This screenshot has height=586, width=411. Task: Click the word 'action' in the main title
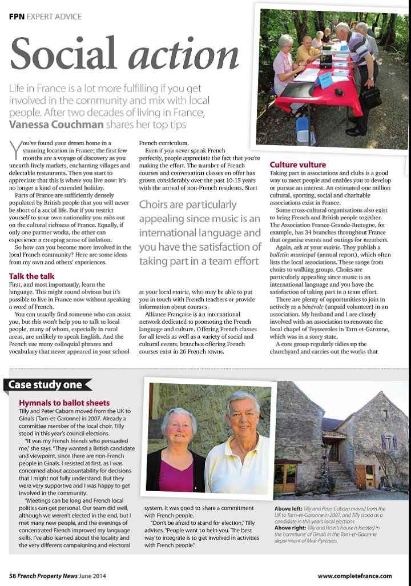pos(184,55)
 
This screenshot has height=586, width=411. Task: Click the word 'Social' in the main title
pos(65,54)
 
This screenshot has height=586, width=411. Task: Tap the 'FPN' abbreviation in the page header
pos(16,17)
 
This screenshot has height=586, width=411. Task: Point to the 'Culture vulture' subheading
pos(297,165)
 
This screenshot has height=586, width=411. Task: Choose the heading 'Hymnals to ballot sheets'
pos(64,403)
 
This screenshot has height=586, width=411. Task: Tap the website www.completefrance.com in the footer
pos(354,576)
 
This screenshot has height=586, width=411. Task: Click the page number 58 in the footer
pos(13,576)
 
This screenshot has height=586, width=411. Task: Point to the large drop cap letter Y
pos(15,150)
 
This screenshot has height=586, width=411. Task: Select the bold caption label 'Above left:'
pos(289,508)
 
